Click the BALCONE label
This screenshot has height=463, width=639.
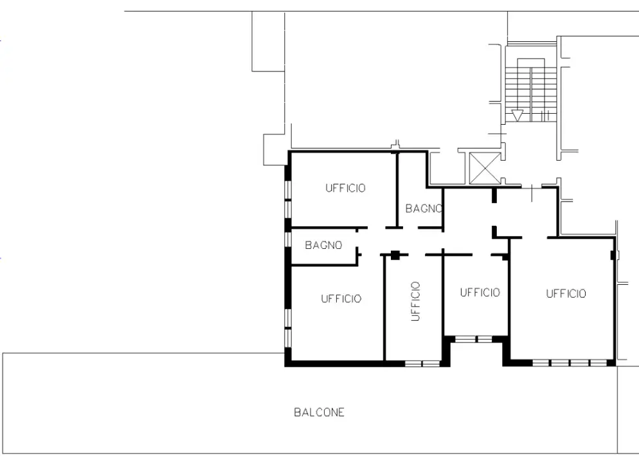click(319, 412)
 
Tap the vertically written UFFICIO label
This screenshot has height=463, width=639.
click(415, 301)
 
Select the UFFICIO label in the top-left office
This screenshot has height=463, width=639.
click(345, 188)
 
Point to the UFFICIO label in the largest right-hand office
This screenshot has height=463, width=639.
click(566, 293)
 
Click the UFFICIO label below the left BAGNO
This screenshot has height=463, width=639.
click(341, 299)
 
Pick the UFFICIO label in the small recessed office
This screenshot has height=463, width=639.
click(480, 292)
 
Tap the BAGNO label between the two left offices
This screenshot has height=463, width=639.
click(323, 245)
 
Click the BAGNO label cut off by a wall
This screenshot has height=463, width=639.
click(424, 209)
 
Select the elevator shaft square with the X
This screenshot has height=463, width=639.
click(485, 168)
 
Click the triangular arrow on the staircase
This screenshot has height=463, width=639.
click(517, 115)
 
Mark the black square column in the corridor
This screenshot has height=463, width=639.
click(395, 255)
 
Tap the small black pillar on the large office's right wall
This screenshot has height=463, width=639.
click(613, 255)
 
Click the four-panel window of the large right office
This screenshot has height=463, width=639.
click(570, 362)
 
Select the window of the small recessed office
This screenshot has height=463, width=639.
click(474, 339)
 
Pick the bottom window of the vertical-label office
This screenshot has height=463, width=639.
click(422, 363)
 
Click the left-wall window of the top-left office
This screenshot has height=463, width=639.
click(288, 199)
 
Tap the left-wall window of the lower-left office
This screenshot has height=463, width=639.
click(288, 328)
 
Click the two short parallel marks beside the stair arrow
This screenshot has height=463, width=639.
click(545, 116)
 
